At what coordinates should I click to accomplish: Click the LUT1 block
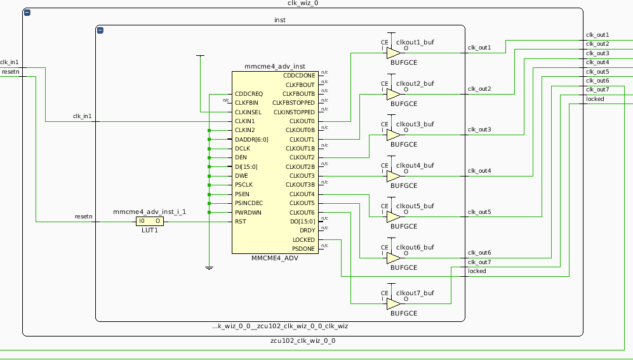click(150, 222)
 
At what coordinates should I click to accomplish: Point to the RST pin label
click(240, 222)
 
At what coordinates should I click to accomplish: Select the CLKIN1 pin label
click(244, 121)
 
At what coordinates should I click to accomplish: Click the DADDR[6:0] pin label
click(251, 139)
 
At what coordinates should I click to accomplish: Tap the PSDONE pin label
click(303, 249)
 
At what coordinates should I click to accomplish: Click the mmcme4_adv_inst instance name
click(274, 66)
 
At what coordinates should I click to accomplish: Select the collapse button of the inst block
click(100, 30)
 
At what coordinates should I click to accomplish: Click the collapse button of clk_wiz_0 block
click(27, 13)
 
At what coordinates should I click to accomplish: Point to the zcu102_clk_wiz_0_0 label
click(302, 341)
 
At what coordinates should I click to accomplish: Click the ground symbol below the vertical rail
click(209, 268)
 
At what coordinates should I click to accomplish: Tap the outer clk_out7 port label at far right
click(597, 90)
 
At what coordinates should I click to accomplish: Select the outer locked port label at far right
click(595, 99)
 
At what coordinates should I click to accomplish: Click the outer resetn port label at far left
click(10, 72)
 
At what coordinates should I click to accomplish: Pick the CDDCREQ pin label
click(248, 93)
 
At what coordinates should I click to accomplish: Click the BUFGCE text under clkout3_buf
click(404, 145)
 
